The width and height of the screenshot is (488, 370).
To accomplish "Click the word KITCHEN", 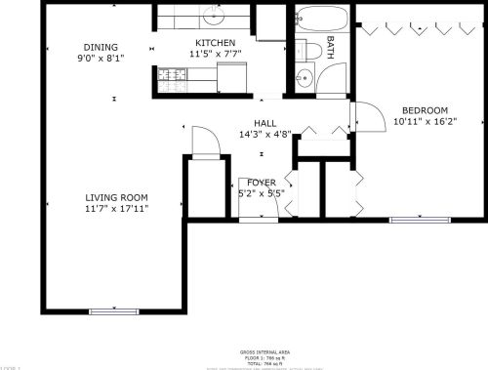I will coord(215,43).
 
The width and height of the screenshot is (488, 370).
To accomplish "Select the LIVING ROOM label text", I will coord(115,196).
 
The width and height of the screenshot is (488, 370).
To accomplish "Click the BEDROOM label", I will coord(424,110).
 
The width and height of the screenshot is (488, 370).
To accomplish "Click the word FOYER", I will coord(261,183).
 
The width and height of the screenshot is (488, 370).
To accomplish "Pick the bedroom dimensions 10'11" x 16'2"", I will coord(424,122).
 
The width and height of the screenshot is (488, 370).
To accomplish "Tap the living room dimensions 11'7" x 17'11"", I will coord(115,208).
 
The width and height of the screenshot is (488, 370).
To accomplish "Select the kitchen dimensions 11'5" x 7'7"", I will coord(215,55).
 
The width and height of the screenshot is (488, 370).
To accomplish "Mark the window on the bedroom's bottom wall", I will coord(412,219).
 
